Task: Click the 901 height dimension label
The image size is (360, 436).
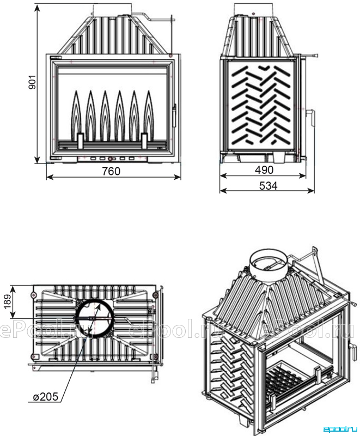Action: coord(33,82)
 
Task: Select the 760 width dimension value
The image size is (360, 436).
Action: coord(111,171)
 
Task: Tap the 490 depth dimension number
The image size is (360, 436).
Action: coord(264,170)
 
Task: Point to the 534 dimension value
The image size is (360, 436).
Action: coord(269,185)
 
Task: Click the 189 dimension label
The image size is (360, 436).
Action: coord(8,301)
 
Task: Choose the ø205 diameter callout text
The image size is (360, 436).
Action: coord(46,396)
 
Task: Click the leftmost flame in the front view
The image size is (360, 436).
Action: coord(76,116)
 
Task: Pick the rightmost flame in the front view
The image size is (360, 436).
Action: coord(149,116)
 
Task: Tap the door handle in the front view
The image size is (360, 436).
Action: coord(174,116)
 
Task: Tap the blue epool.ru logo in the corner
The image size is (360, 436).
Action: coord(340,429)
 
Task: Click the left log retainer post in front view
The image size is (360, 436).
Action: coord(80,141)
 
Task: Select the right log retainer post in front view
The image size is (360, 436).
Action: coord(144,141)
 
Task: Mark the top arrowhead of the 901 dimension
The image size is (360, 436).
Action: coord(37,8)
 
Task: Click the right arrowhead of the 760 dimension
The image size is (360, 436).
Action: coord(177,177)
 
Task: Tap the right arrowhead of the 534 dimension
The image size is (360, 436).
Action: coord(311,190)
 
